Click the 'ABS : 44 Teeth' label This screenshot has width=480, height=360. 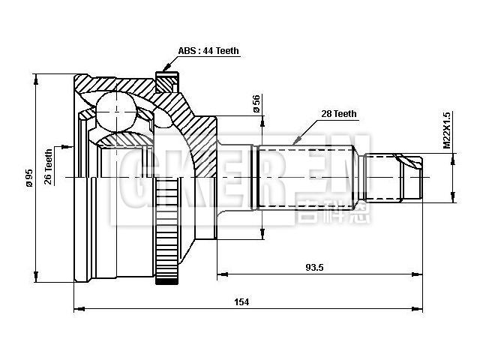pos(208,51)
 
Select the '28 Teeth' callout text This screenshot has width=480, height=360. pos(339,114)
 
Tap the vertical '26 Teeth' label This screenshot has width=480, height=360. pos(49,166)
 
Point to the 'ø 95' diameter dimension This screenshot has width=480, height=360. pos(28,178)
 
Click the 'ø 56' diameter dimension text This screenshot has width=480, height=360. pos(256,104)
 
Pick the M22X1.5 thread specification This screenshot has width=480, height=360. pos(447,130)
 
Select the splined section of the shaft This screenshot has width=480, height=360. pos(310,178)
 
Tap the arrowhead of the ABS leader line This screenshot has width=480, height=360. pos(166,70)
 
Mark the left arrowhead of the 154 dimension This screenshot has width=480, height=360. pos(78,308)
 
